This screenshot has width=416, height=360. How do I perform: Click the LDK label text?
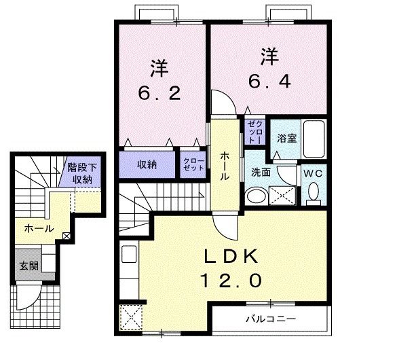[231, 256]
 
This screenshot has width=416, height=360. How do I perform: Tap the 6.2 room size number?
[159, 93]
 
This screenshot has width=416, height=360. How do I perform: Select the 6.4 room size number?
[269, 81]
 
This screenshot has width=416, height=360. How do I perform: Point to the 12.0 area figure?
[231, 281]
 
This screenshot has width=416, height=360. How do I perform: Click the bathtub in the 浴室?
[314, 139]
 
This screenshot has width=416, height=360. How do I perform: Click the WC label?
[313, 174]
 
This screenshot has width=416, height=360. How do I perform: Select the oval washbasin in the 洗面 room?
[257, 196]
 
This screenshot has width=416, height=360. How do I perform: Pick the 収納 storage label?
[147, 164]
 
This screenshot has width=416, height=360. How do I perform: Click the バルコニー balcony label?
[271, 319]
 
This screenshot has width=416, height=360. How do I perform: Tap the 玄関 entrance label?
[29, 266]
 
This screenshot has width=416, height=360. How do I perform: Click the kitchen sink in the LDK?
[129, 254]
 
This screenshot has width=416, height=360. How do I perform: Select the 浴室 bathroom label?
[286, 139]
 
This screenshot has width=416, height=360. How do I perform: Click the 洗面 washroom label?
[261, 173]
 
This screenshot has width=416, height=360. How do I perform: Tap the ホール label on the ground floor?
[39, 228]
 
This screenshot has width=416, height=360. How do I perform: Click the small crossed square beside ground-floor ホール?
[67, 236]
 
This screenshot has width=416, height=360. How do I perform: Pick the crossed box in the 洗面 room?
[282, 196]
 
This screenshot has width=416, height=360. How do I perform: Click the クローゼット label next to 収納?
[193, 164]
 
